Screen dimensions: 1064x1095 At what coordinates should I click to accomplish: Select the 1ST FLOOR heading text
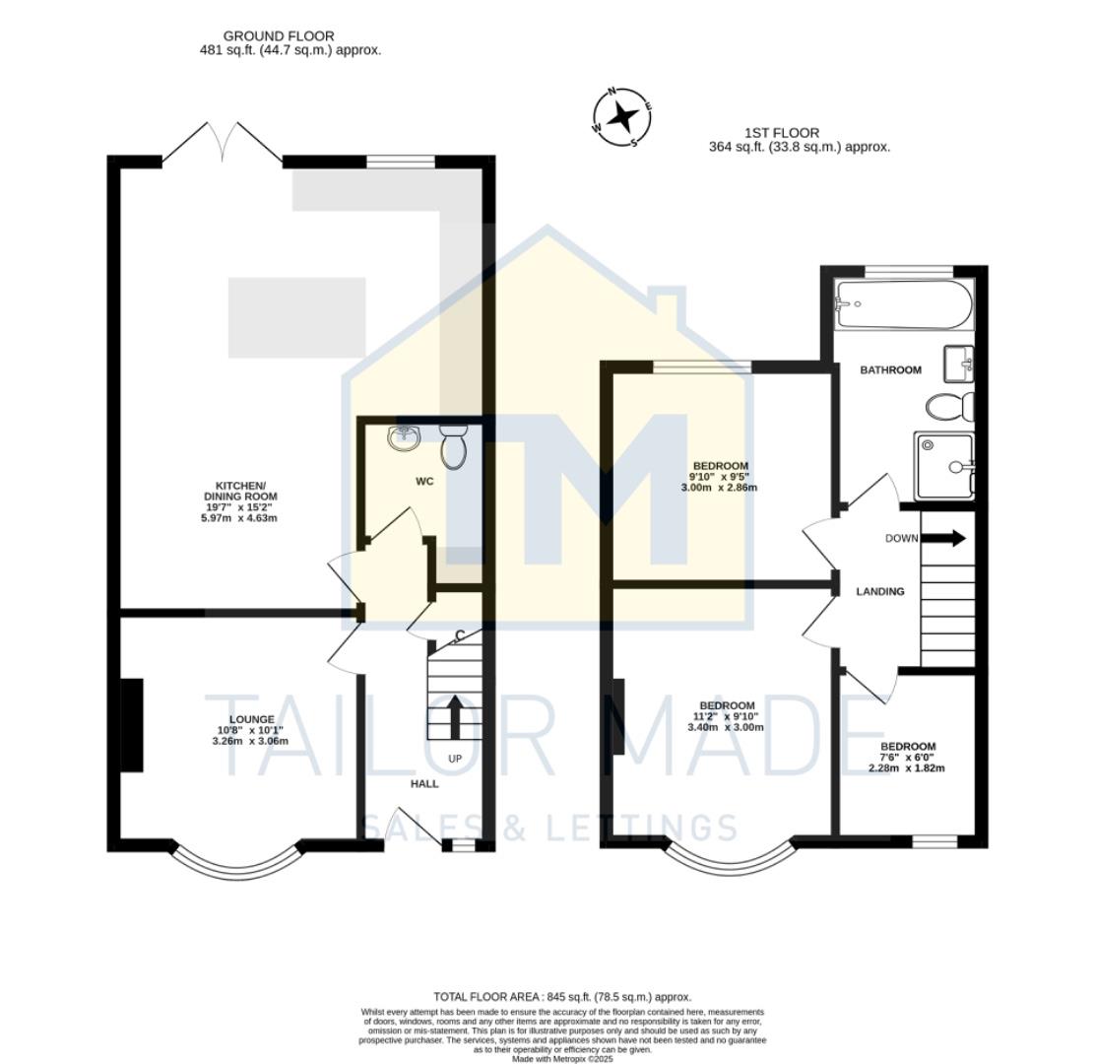[x=781, y=133]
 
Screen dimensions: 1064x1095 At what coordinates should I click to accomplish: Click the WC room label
[x=423, y=483]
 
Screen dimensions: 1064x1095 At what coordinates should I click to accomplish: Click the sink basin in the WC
[x=404, y=436]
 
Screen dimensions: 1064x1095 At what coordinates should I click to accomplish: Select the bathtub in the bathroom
[x=903, y=305]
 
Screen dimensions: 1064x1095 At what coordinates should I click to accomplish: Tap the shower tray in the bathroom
[x=943, y=465]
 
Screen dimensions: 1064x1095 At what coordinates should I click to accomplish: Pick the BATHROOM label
[x=890, y=370]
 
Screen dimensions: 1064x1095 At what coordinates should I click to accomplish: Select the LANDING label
[x=879, y=592]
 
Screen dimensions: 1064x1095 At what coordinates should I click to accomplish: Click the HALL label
[x=424, y=784]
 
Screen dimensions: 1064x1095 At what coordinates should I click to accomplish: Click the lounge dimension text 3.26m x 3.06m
[x=250, y=741]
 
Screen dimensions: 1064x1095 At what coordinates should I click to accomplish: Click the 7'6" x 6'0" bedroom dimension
[x=907, y=758]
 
